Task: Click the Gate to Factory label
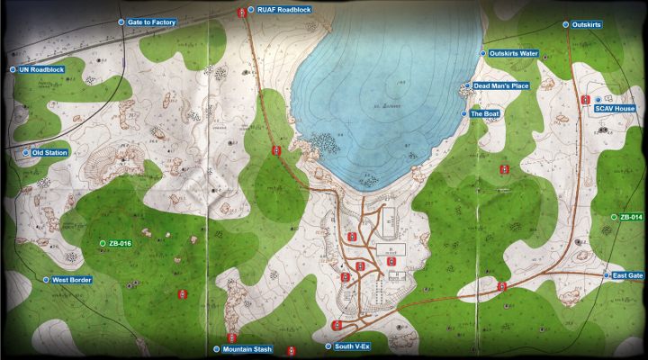152,22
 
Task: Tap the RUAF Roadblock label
283,10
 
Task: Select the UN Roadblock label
41,69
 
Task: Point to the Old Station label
49,153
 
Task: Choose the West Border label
71,280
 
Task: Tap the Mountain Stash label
247,348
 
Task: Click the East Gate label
628,274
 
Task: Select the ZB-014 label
631,218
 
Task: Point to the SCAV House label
615,108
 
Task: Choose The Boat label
485,114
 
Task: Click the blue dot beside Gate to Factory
121,22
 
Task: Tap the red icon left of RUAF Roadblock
240,12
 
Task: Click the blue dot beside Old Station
26,153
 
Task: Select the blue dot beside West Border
46,280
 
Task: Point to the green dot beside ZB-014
614,218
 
